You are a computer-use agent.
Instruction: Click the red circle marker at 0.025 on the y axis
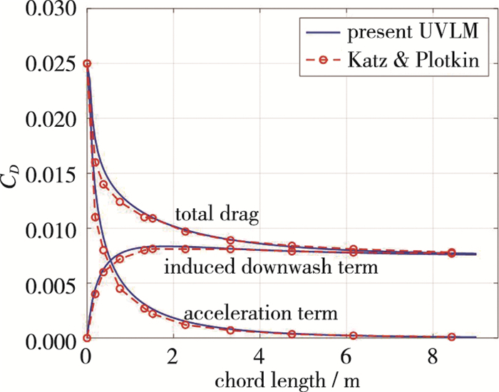87,64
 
